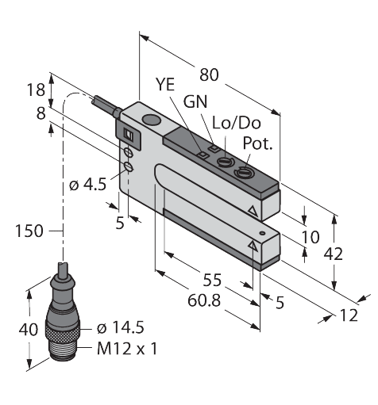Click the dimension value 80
(x=209, y=76)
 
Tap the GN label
(x=194, y=101)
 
